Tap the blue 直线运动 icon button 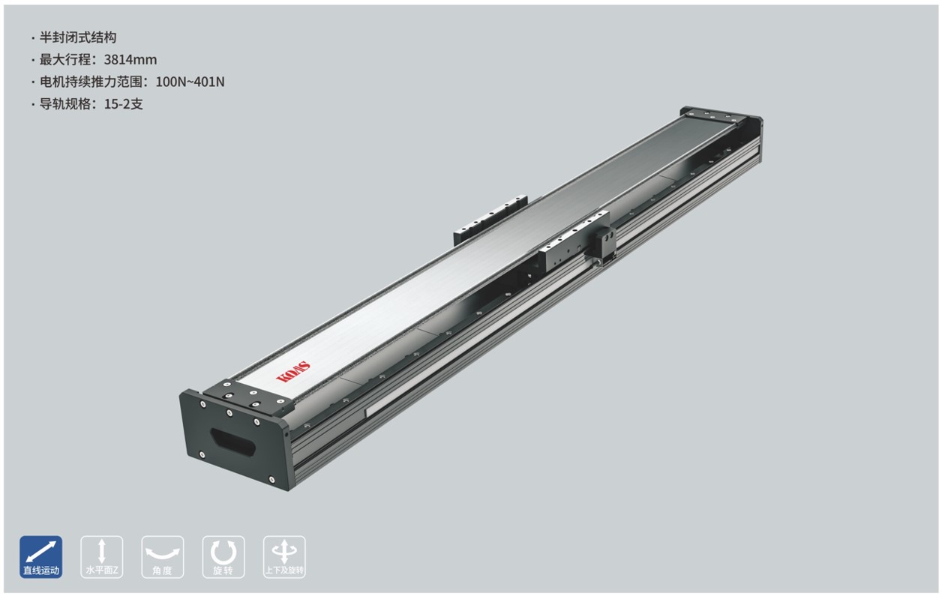pos(40,557)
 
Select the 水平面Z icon pos(102,557)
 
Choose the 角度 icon pos(162,557)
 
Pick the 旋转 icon pos(223,557)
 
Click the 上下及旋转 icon pos(284,557)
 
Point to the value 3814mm pos(130,60)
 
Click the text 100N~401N pos(190,82)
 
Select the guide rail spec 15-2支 pos(124,103)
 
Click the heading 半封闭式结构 pos(78,37)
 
